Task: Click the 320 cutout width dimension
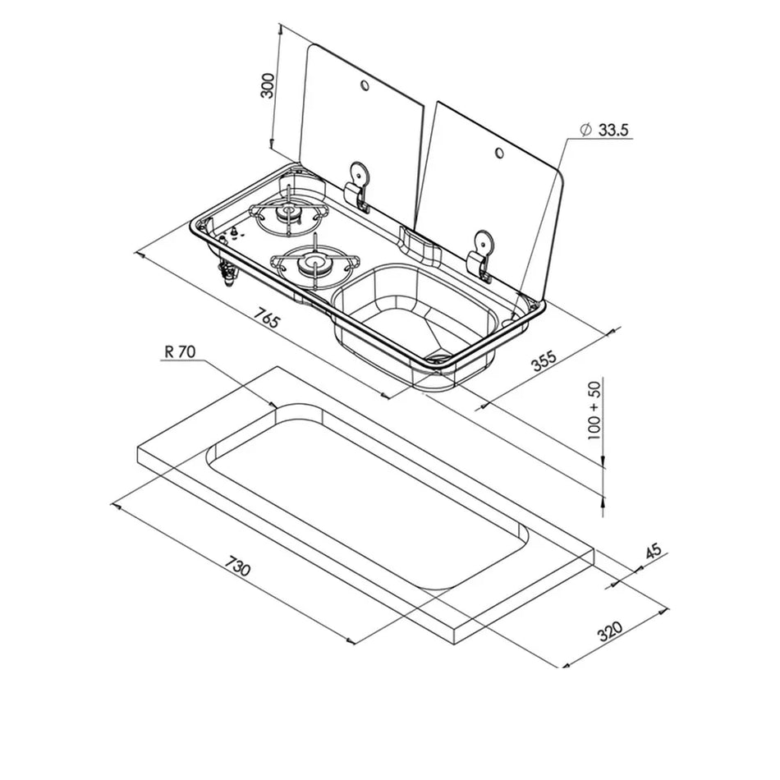[x=609, y=631]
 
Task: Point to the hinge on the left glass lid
[x=357, y=186]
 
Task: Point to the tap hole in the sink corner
[x=518, y=310]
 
